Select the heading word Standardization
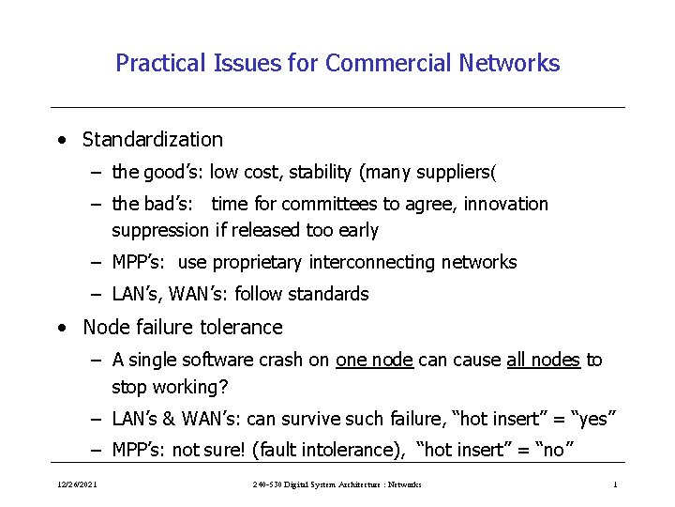[x=153, y=140]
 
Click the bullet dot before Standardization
[x=61, y=141]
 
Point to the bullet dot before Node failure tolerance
[x=61, y=329]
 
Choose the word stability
[x=321, y=172]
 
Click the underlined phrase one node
[x=374, y=361]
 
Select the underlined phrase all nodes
[x=543, y=361]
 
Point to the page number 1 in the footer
[x=614, y=484]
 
